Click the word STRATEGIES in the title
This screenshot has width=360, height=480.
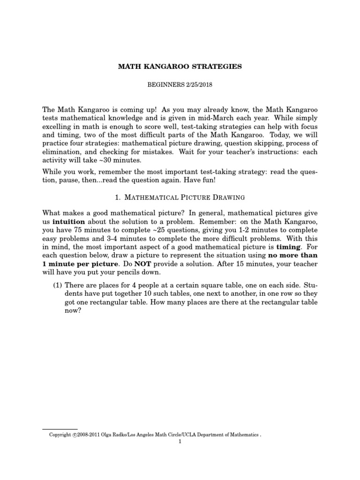tap(219, 67)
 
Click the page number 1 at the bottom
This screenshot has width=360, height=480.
tap(180, 441)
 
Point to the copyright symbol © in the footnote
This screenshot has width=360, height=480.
tap(75, 435)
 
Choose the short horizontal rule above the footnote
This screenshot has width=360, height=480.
tap(60, 429)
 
